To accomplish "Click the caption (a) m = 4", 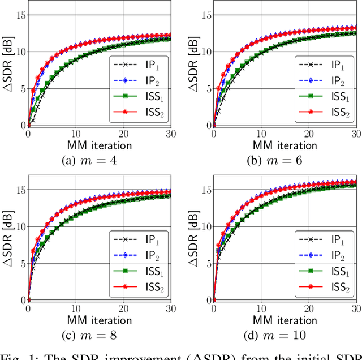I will tap(99, 160).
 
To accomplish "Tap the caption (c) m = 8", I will tap(99, 335).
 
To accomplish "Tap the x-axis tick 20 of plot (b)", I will tap(309, 134).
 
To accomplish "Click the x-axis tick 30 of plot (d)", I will tap(355, 309).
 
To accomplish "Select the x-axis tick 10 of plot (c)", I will tap(76, 309).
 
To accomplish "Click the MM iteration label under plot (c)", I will tap(99, 320).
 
